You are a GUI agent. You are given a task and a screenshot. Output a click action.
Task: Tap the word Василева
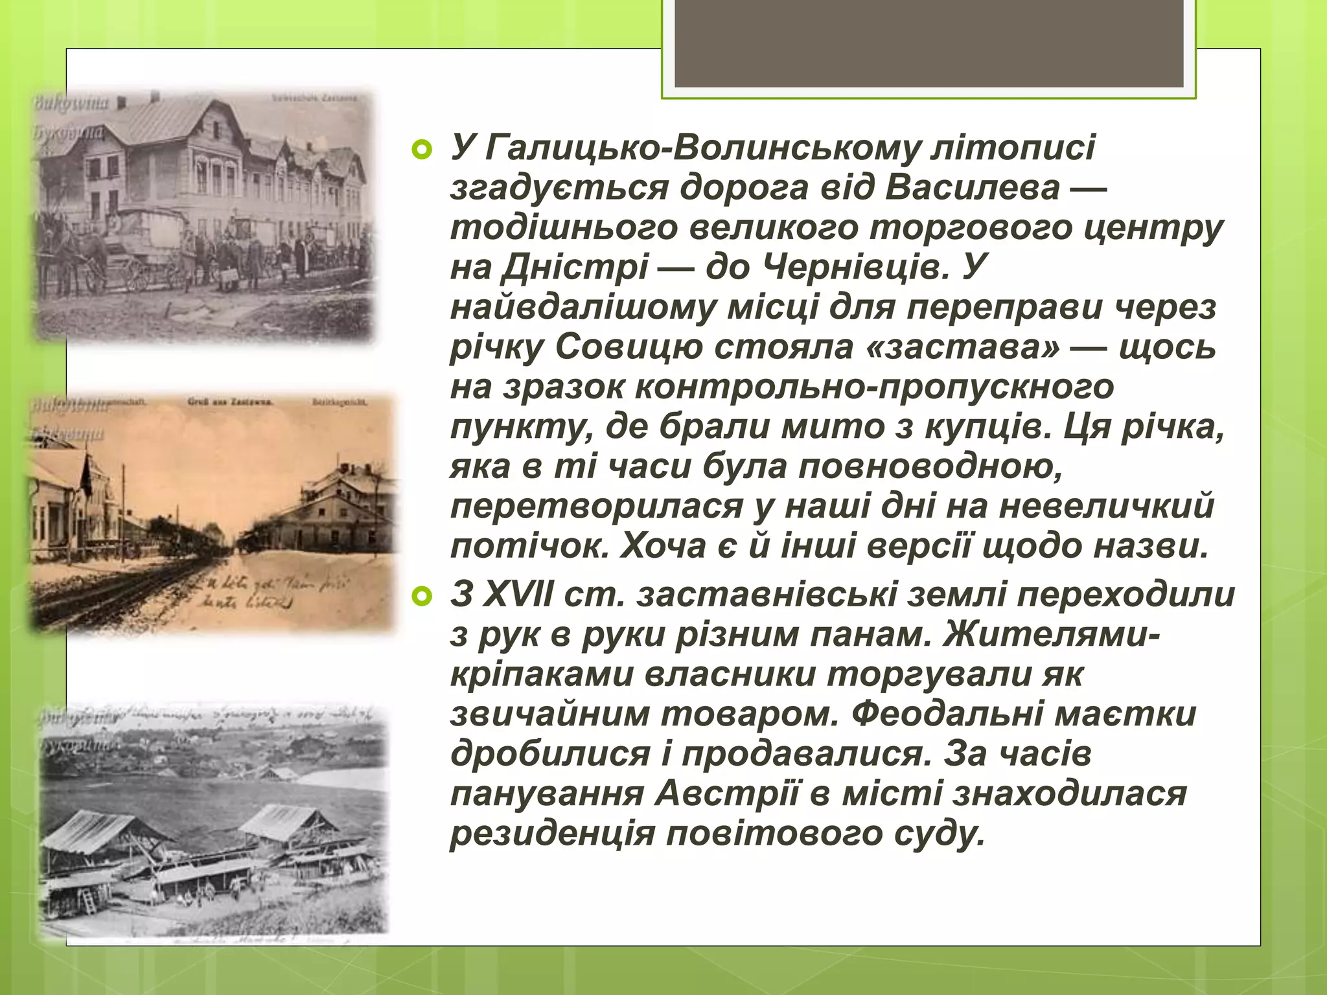click(x=973, y=189)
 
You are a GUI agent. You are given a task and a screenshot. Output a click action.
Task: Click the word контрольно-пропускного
click(x=874, y=387)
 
